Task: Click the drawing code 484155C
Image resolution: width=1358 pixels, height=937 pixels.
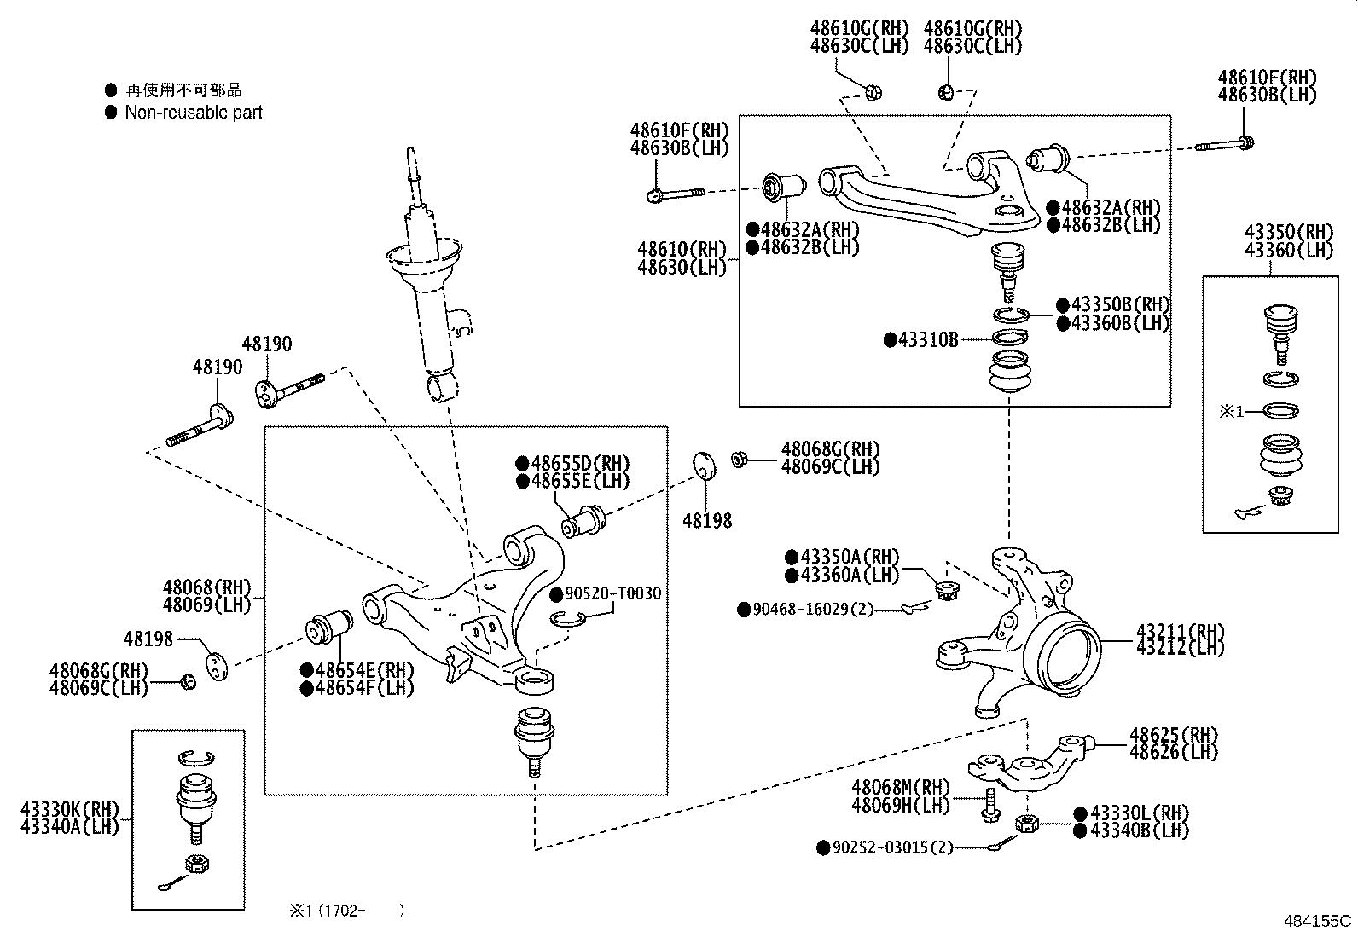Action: click(x=1319, y=921)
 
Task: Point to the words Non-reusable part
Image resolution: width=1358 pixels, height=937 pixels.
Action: click(x=194, y=113)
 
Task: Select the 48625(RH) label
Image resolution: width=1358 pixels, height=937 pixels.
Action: click(x=1174, y=735)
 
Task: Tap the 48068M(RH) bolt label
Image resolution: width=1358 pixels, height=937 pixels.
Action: click(x=900, y=788)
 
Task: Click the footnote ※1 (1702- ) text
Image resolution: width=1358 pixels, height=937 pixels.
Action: click(x=345, y=911)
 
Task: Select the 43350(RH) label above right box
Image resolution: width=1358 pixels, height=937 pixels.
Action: click(x=1288, y=232)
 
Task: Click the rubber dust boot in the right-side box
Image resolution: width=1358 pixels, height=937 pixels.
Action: click(x=1280, y=457)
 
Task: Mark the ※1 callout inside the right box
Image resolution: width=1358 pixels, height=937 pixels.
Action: click(x=1231, y=411)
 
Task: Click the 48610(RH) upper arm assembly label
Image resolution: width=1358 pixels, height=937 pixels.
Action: click(x=682, y=250)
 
